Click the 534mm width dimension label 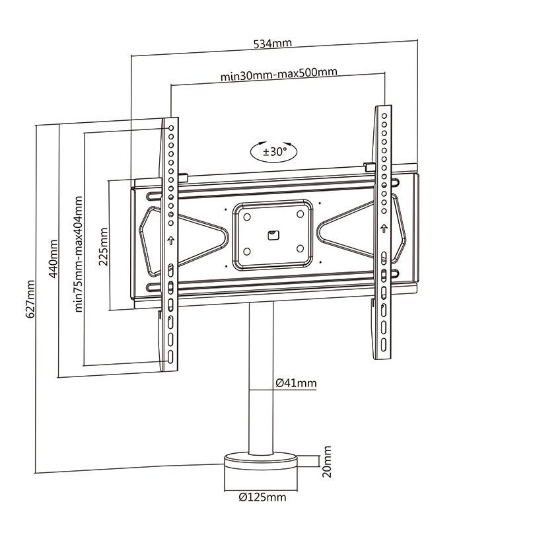273,44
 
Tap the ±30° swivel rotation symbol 273,151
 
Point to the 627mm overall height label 30,299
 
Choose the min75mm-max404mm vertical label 79,253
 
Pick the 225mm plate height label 102,246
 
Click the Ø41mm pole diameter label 295,382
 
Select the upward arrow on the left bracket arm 170,240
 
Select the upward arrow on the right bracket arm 382,229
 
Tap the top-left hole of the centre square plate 246,216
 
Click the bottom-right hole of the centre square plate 299,249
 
